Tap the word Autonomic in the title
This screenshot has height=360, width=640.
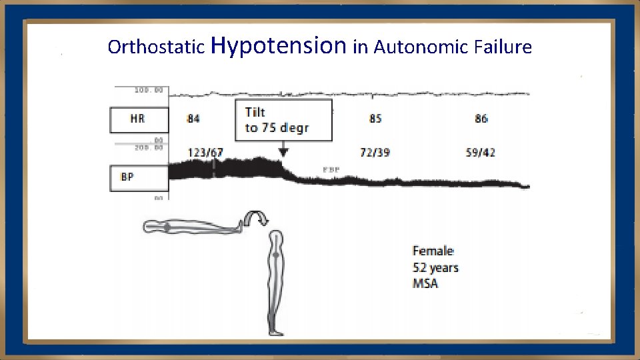(417, 47)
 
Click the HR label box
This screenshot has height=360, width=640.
(139, 120)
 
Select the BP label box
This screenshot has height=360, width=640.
(139, 178)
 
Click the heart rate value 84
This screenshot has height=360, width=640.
(193, 119)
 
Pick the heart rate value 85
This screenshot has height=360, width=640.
(375, 119)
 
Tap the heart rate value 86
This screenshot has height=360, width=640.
(481, 119)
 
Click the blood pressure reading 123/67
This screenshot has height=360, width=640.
(205, 153)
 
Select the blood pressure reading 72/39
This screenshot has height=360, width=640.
(375, 153)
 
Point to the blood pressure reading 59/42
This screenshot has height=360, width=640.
(481, 153)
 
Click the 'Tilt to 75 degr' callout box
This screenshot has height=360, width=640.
(285, 120)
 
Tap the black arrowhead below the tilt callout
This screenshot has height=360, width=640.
(284, 153)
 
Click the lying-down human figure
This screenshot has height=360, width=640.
(193, 227)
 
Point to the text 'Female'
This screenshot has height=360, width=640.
(433, 251)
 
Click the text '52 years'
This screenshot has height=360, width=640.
(436, 268)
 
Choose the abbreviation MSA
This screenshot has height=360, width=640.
(425, 284)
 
